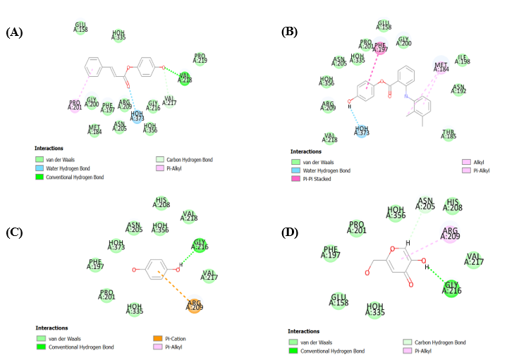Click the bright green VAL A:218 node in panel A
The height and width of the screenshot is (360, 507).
point(185,78)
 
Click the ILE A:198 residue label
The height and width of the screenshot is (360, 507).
point(463,60)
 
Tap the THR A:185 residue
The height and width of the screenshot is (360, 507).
point(448,134)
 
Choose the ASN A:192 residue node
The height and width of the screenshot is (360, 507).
point(458,89)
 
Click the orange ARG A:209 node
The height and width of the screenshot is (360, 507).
point(195,304)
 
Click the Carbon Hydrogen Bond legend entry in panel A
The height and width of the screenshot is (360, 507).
point(188,160)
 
